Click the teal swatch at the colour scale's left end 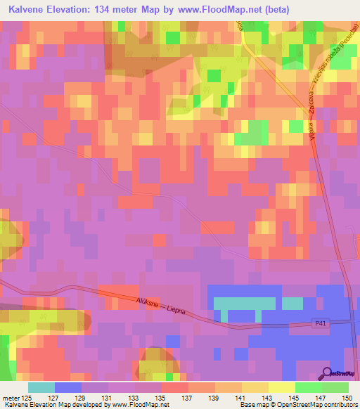click(x=41, y=387)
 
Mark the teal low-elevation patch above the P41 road click(x=243, y=304)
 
